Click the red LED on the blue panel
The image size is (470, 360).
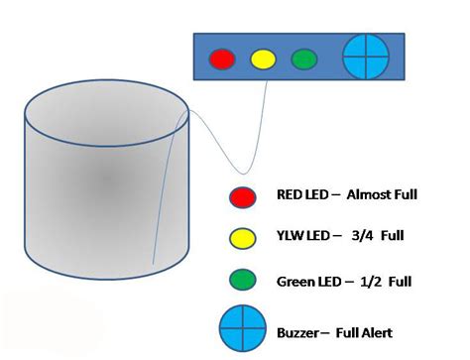click(x=222, y=59)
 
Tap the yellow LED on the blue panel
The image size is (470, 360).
click(x=263, y=59)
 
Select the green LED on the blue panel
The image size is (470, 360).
click(x=304, y=59)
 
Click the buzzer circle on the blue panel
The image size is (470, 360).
click(x=365, y=58)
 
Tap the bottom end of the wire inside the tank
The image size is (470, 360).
click(x=154, y=265)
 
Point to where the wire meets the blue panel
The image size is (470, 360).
click(x=269, y=82)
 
